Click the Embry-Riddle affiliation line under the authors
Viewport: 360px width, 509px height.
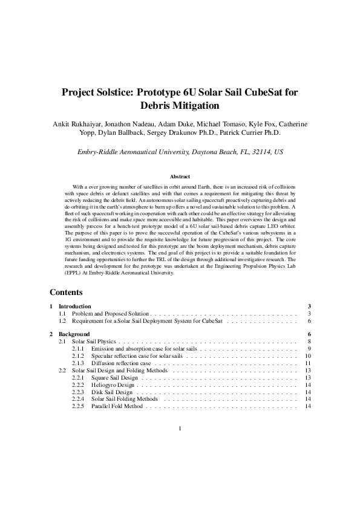tap(180, 152)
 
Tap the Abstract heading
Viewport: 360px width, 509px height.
tap(180, 177)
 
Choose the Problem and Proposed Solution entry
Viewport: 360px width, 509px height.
tap(110, 314)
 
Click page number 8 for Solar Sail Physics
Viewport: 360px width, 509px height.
tap(309, 342)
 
